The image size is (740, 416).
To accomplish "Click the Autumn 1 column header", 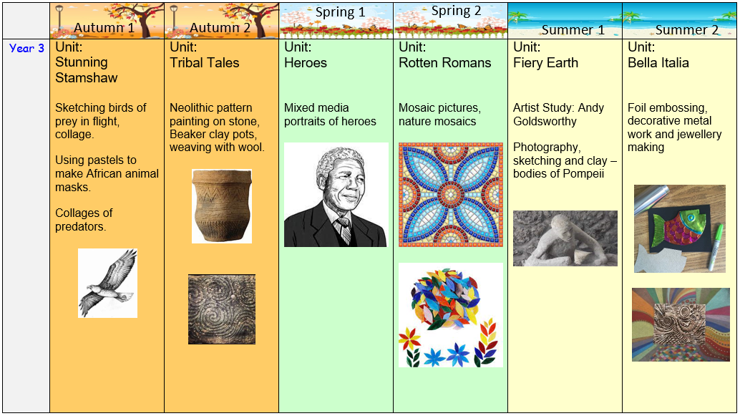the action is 104,28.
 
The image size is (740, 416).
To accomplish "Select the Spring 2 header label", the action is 457,11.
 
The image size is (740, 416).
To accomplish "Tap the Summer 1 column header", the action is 573,30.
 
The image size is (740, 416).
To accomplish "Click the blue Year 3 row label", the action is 27,49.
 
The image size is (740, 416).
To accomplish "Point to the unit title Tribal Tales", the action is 205,63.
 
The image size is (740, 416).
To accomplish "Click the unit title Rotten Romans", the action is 445,63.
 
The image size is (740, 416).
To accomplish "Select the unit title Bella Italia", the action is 658,63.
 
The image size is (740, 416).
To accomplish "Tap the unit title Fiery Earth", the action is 545,63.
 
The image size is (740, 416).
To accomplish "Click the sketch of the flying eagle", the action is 107,284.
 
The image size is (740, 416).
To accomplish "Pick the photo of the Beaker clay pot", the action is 222,206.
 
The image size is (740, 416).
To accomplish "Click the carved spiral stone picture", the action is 222,309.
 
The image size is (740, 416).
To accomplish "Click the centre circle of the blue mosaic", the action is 451,195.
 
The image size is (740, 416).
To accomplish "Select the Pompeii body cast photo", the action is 565,238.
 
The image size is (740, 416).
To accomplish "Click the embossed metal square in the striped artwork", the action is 680,325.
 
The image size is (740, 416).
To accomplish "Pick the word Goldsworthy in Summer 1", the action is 545,122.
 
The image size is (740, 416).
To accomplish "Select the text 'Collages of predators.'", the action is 84,220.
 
